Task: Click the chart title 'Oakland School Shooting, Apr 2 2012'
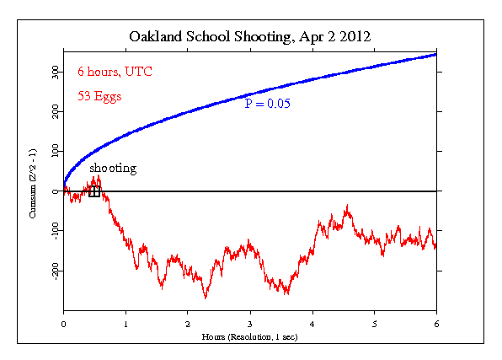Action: pos(249,37)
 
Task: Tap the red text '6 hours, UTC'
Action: pos(115,71)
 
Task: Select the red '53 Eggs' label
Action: pos(100,96)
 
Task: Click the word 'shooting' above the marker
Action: pos(113,169)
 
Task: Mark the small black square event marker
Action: pos(94,191)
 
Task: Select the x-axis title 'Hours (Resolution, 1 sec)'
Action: pos(249,336)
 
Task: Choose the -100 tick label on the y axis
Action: pos(51,231)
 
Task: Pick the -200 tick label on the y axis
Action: pos(51,271)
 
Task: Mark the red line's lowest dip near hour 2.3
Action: pos(205,297)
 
